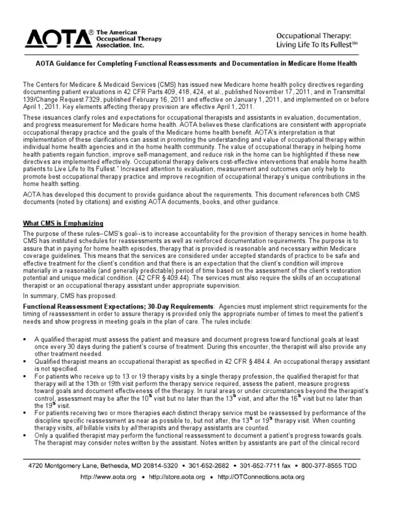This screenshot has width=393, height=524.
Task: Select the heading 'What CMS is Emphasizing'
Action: coord(63,223)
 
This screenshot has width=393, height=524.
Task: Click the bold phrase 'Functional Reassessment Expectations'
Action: coord(84,306)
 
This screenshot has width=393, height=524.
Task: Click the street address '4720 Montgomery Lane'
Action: coord(65,466)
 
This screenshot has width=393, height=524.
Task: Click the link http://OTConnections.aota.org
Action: coord(261,477)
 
